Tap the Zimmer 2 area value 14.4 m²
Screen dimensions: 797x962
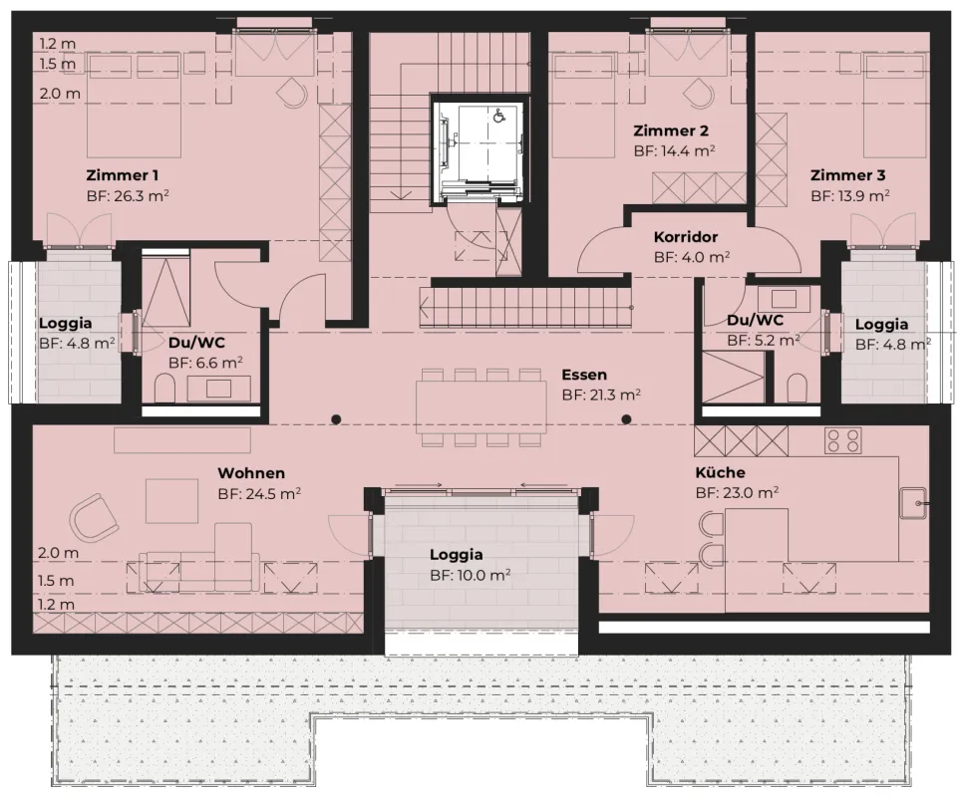[x=675, y=151]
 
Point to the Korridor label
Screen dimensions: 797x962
[x=686, y=238]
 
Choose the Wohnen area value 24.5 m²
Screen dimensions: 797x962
[x=259, y=493]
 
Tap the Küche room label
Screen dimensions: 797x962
[x=721, y=472]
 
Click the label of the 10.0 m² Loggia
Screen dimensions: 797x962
[x=457, y=555]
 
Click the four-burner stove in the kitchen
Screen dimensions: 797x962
[x=842, y=439]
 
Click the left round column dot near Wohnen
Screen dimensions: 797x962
[x=337, y=419]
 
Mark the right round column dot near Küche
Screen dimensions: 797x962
[x=627, y=419]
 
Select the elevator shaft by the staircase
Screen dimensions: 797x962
[x=477, y=148]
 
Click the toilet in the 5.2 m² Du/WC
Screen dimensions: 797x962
[x=797, y=388]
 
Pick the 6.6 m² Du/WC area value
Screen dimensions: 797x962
[x=205, y=364]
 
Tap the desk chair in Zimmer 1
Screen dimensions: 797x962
[x=292, y=93]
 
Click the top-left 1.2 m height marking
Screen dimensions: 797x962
[x=57, y=44]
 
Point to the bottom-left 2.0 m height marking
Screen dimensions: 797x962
[x=57, y=552]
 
